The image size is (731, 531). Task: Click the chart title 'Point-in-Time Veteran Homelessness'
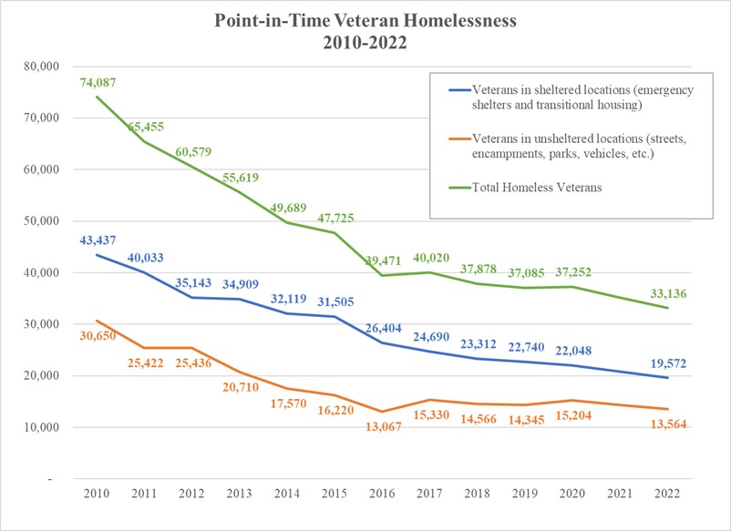365,21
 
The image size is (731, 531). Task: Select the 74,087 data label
98,83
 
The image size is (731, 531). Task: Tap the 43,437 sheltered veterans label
98,240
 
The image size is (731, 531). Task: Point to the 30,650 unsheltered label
98,335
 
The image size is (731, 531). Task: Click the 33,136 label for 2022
668,293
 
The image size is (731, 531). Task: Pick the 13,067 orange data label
383,426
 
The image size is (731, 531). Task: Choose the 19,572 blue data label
668,363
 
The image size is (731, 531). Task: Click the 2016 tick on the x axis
382,494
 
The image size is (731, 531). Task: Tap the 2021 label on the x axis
620,494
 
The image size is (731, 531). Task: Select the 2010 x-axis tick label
97,494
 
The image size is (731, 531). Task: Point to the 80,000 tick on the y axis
42,66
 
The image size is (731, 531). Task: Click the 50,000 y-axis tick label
42,221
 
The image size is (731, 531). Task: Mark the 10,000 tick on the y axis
42,427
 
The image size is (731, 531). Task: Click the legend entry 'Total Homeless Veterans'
537,188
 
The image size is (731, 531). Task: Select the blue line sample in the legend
460,90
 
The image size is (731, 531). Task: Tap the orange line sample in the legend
460,138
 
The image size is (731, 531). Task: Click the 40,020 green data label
431,258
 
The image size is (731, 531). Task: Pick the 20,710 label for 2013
241,386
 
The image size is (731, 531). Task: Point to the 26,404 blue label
383,329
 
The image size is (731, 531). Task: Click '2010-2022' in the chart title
365,43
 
